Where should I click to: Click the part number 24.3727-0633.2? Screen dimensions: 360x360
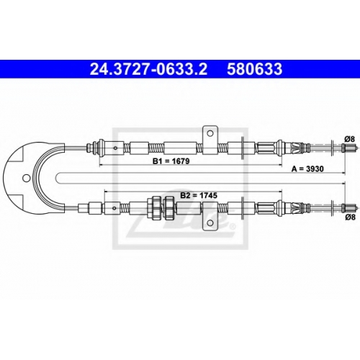pyautogui.click(x=148, y=69)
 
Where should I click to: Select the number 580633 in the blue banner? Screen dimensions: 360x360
pyautogui.click(x=255, y=69)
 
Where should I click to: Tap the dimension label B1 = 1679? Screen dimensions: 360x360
pyautogui.click(x=171, y=161)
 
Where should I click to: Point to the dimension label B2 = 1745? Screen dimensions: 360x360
pyautogui.click(x=199, y=195)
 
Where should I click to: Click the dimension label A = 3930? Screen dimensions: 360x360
pyautogui.click(x=307, y=169)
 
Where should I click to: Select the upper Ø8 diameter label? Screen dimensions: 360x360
pyautogui.click(x=349, y=139)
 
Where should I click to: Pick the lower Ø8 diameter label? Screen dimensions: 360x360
pyautogui.click(x=349, y=217)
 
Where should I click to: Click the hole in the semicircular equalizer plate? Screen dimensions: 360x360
pyautogui.click(x=26, y=178)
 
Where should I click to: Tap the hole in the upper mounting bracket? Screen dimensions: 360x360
pyautogui.click(x=210, y=133)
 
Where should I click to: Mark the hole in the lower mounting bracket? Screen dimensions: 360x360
pyautogui.click(x=210, y=223)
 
